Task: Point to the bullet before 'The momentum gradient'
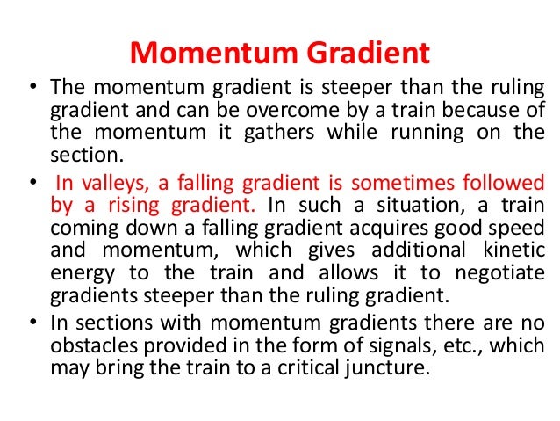click(x=32, y=90)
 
